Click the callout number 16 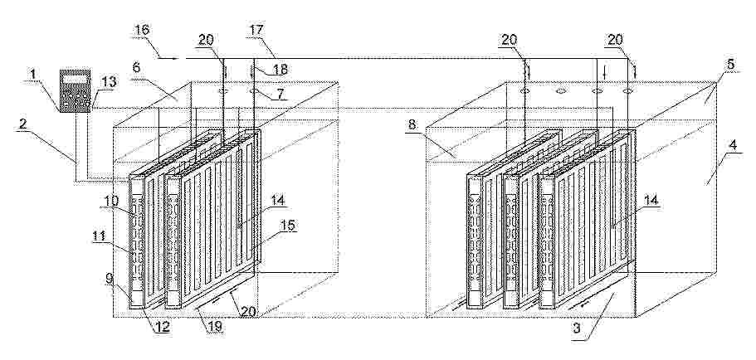coord(142,29)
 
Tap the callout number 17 coord(256,29)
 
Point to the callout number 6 coord(136,67)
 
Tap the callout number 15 coord(290,226)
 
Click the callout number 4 coord(732,144)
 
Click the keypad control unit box coord(76,91)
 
